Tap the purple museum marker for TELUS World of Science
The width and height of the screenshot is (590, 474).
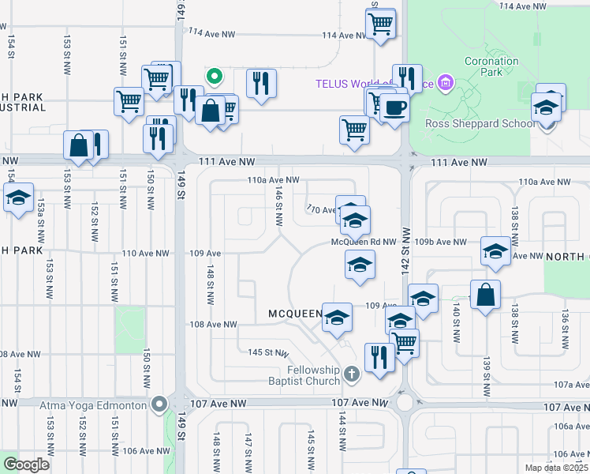tap(446, 82)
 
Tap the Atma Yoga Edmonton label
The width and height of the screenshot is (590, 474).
tap(95, 404)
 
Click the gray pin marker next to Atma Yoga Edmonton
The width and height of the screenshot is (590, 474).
tap(159, 404)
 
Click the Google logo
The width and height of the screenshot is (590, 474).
tap(26, 465)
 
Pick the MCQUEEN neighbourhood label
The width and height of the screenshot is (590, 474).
tap(295, 314)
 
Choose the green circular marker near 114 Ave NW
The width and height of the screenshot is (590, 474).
tap(214, 77)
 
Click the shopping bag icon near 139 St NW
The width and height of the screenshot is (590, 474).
tap(486, 295)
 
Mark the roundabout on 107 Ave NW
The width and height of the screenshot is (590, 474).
tap(405, 403)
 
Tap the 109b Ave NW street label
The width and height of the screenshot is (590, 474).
tap(447, 242)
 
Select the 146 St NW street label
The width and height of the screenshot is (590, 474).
tap(278, 206)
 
